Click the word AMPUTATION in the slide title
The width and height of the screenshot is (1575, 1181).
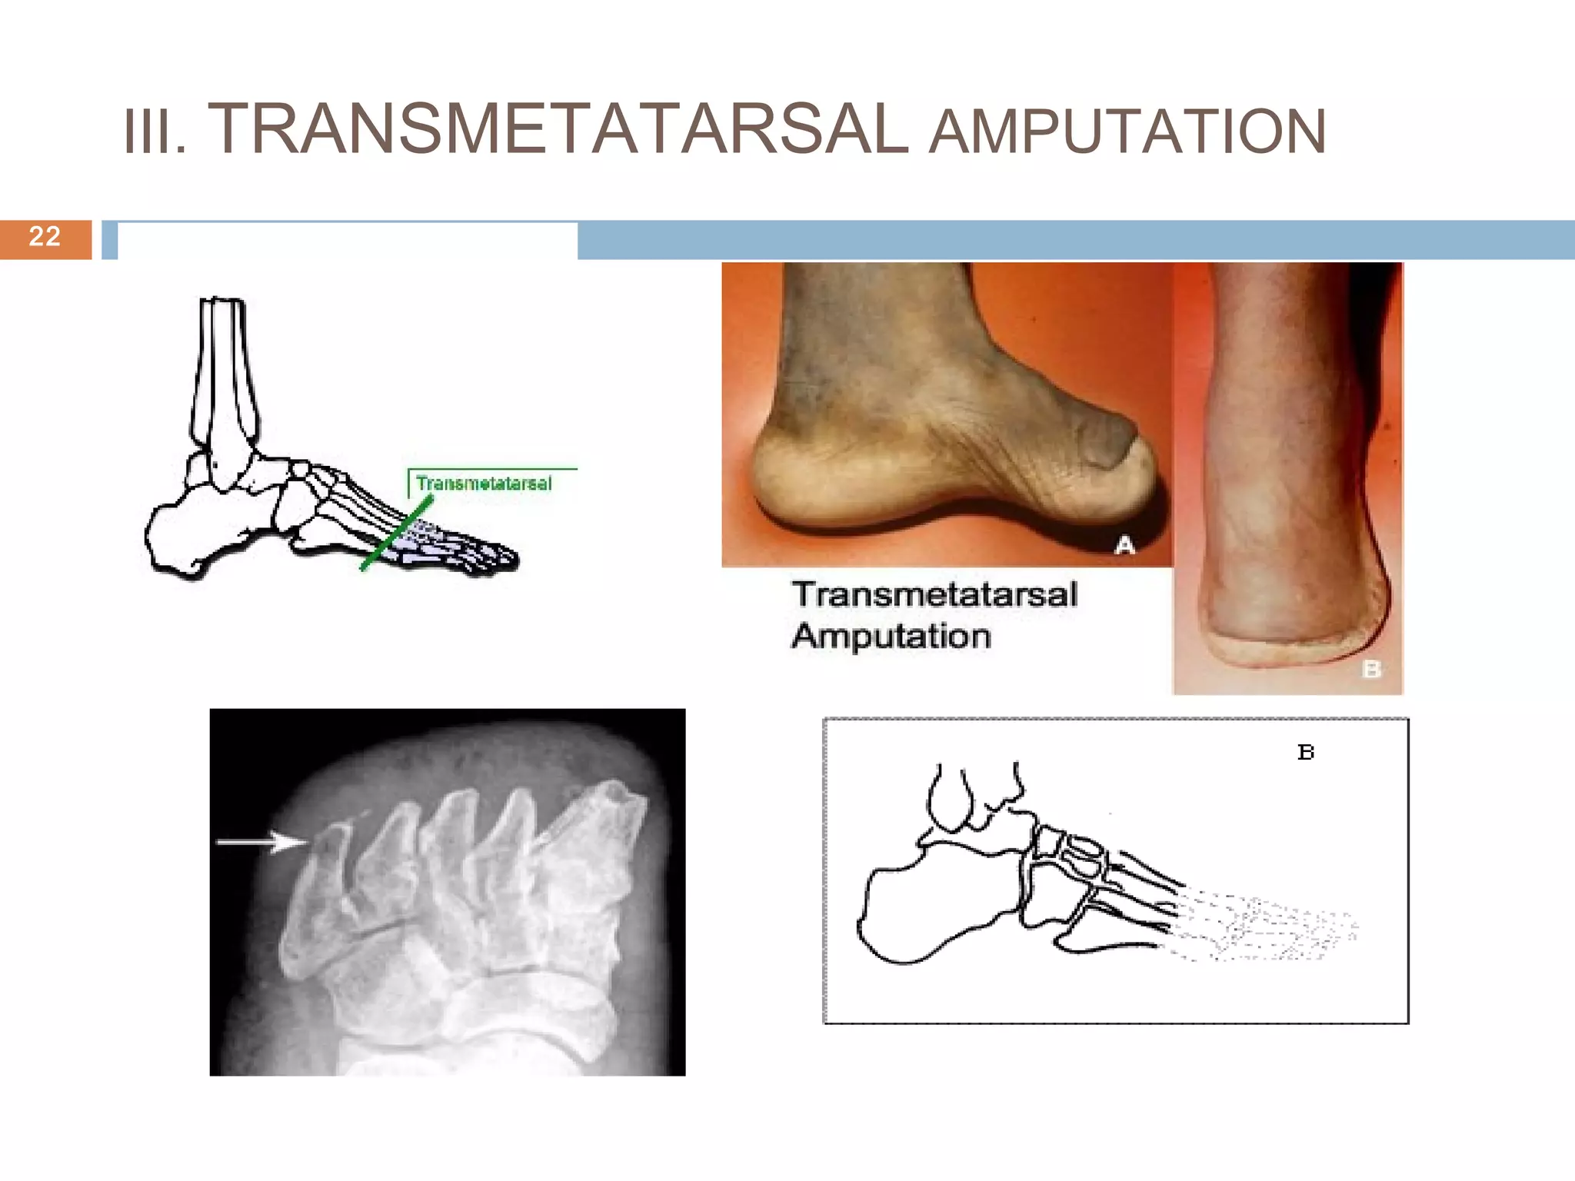click(x=1127, y=132)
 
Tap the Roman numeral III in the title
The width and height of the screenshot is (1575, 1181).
click(x=154, y=132)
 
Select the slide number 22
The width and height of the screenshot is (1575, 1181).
click(x=45, y=236)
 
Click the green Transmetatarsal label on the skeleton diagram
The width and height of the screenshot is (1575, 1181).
click(x=484, y=484)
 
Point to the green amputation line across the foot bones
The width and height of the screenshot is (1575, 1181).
click(x=396, y=532)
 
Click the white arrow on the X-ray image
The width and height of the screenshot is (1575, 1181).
click(x=261, y=843)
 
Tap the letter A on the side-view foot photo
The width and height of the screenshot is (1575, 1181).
click(x=1125, y=546)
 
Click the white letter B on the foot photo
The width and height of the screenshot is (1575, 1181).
click(x=1371, y=670)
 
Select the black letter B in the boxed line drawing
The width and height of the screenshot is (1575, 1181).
click(x=1306, y=752)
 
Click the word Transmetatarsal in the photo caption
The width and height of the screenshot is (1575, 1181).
click(x=934, y=594)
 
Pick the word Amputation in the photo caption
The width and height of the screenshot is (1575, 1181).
click(x=891, y=637)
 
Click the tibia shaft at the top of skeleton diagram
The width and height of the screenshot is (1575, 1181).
click(x=223, y=369)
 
